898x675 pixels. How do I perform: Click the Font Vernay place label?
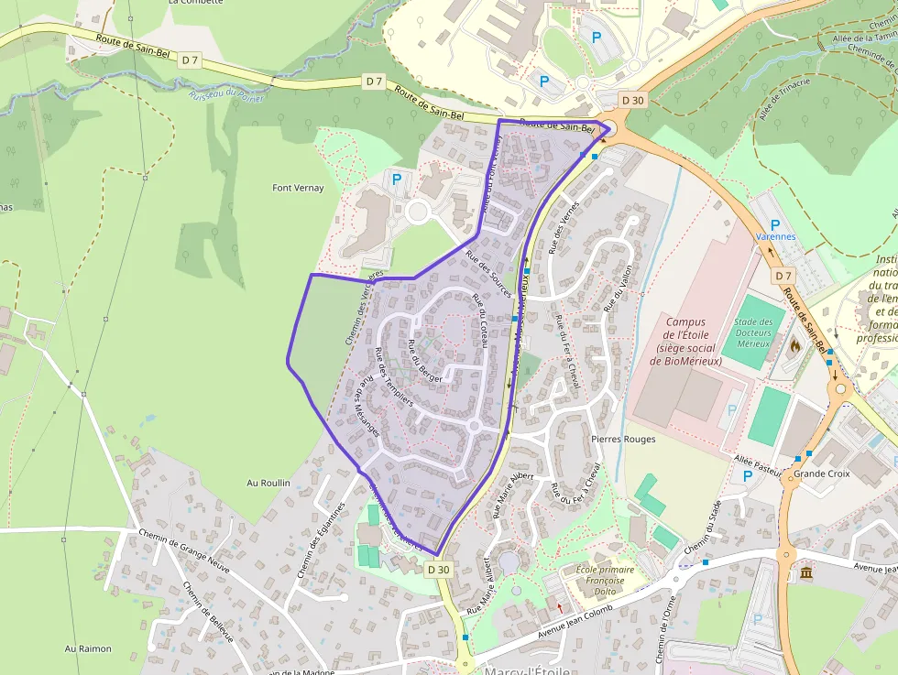[x=298, y=188]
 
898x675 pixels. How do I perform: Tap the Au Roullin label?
[x=268, y=483]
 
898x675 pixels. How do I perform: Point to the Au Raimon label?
[x=88, y=648]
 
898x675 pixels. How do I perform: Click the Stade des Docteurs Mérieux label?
[x=753, y=332]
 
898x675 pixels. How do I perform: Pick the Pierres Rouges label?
[x=623, y=439]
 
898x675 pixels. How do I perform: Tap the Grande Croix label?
[x=822, y=474]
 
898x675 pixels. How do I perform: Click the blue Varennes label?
[x=775, y=236]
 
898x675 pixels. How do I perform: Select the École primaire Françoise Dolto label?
[x=599, y=580]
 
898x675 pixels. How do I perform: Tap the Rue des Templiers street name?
[x=394, y=376]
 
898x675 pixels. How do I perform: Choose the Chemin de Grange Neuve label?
[x=183, y=546]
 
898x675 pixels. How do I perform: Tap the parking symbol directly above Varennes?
[x=775, y=223]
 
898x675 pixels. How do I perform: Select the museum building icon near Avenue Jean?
[x=805, y=573]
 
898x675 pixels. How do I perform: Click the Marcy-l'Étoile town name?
[x=527, y=670]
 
